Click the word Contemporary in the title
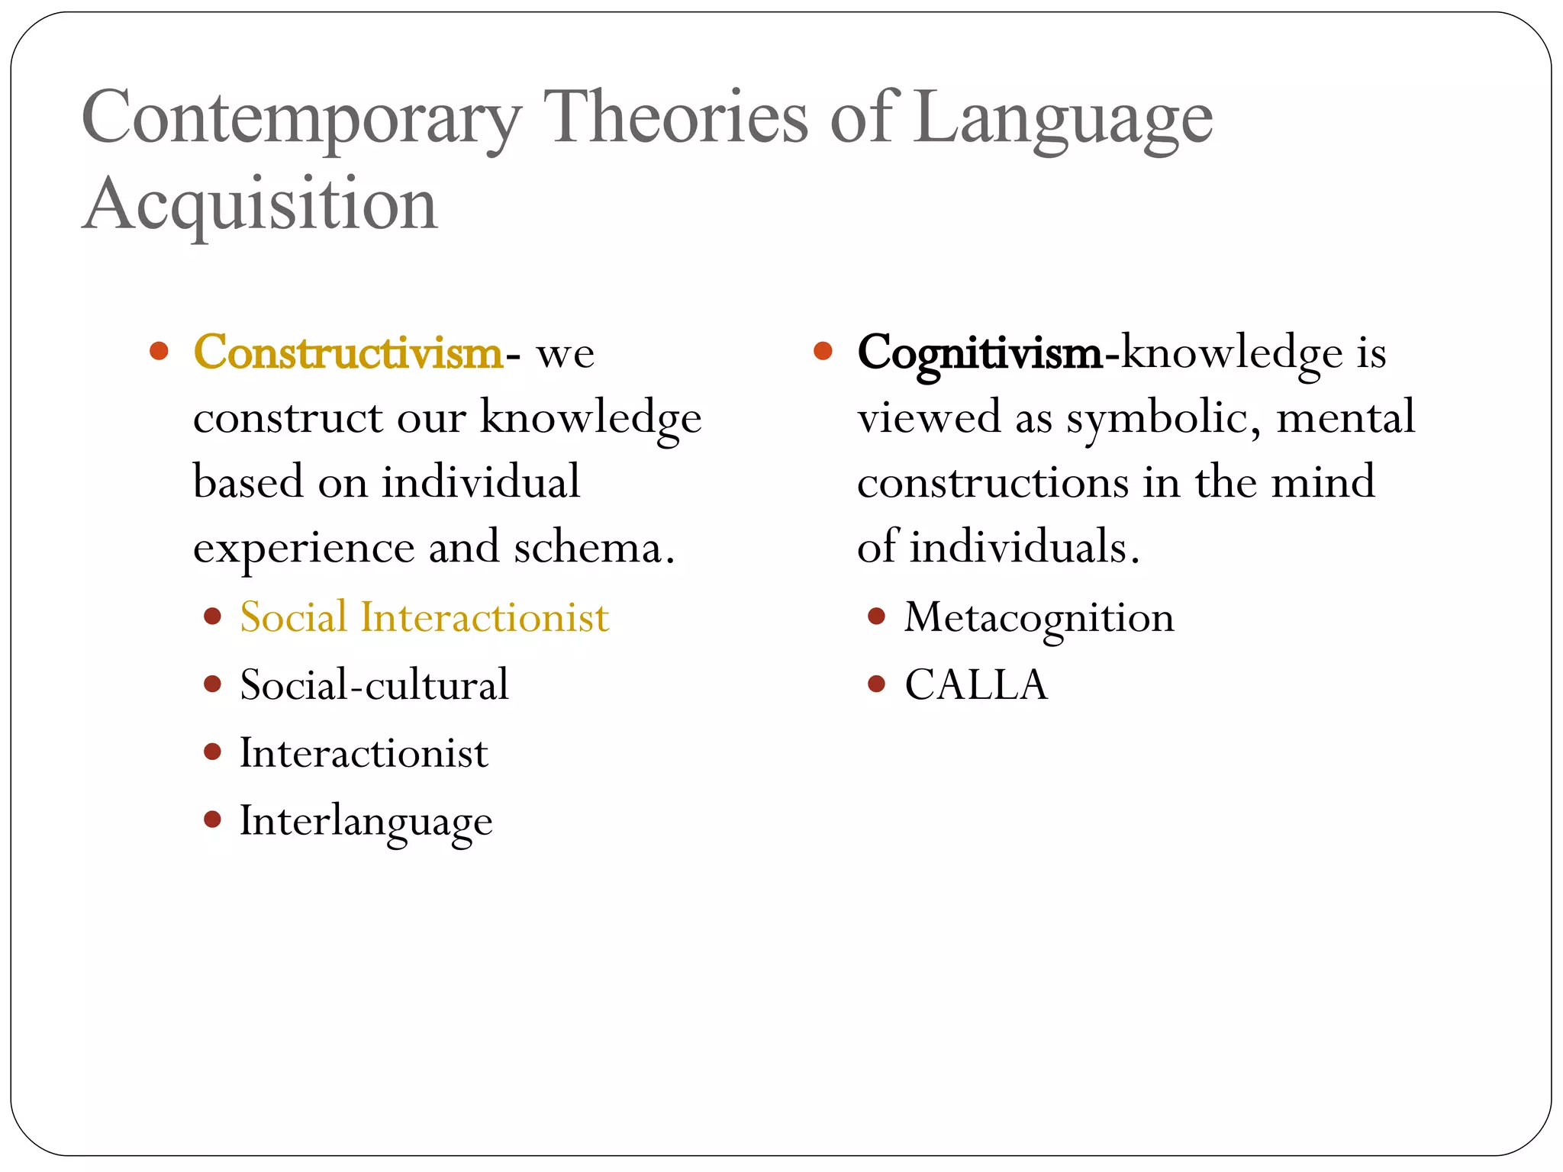pyautogui.click(x=301, y=118)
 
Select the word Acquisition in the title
pyautogui.click(x=259, y=204)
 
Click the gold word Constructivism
pyautogui.click(x=348, y=353)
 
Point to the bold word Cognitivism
pyautogui.click(x=979, y=354)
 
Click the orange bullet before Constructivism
pyautogui.click(x=159, y=351)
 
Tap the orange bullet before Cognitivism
pyautogui.click(x=823, y=351)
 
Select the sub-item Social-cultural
pyautogui.click(x=374, y=684)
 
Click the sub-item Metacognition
pyautogui.click(x=1039, y=618)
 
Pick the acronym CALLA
pyautogui.click(x=976, y=684)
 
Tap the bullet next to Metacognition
pyautogui.click(x=876, y=616)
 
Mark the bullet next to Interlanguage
pyautogui.click(x=212, y=820)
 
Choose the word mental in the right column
pyautogui.click(x=1345, y=417)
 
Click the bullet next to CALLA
pyautogui.click(x=876, y=684)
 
